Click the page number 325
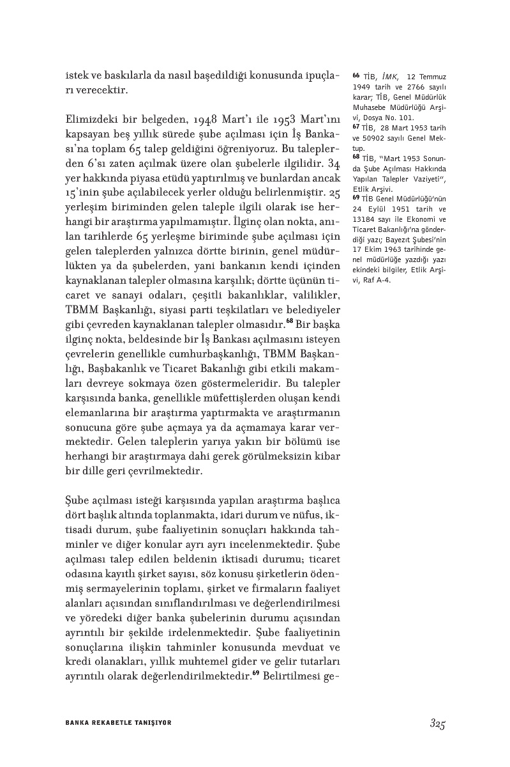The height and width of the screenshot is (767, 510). click(x=437, y=724)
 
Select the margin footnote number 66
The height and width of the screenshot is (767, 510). click(x=356, y=75)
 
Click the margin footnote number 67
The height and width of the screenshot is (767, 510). click(x=356, y=127)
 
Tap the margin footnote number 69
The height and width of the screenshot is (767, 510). click(x=356, y=198)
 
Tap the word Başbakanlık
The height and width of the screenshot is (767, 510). click(x=116, y=371)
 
